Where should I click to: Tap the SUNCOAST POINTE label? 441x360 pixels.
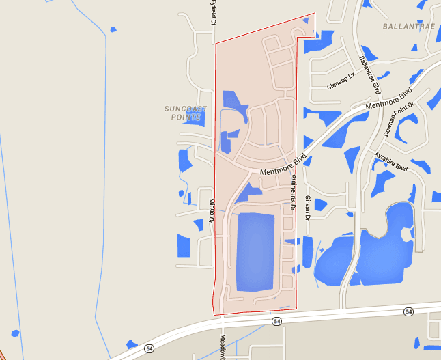click(184, 113)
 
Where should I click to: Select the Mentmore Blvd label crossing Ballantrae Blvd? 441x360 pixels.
click(389, 99)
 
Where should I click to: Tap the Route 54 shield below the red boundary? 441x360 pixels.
click(276, 321)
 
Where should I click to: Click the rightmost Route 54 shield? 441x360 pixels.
click(408, 311)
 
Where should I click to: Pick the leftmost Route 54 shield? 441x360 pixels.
click(149, 349)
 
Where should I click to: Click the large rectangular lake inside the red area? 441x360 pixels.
click(255, 251)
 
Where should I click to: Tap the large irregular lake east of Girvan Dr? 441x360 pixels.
click(382, 246)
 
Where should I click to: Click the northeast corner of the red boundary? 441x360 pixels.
click(315, 14)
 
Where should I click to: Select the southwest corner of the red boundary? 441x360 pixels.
click(214, 314)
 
